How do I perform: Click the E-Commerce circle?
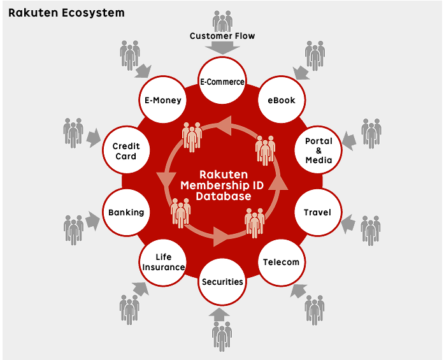222,82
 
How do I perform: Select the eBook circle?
281,100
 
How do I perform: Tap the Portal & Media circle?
319,151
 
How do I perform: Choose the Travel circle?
317,212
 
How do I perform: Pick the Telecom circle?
281,262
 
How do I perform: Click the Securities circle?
222,282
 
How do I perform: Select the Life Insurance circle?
163,262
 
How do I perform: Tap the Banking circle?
126,212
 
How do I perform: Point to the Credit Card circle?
126,151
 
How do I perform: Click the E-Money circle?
162,100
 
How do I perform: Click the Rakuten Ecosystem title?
66,12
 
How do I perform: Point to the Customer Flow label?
222,36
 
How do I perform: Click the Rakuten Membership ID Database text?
223,185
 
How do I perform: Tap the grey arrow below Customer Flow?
222,48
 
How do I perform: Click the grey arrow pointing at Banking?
93,221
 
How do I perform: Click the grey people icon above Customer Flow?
222,20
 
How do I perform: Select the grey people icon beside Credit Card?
73,133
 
